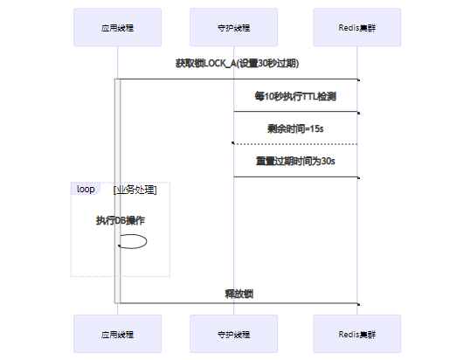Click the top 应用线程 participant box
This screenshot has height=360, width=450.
click(117, 27)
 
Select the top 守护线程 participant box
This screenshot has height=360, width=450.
click(233, 27)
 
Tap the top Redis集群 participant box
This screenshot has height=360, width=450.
click(357, 27)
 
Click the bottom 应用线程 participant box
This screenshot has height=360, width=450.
click(117, 334)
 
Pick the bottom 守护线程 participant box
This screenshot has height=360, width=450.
click(233, 334)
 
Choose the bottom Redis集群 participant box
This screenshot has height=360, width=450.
click(357, 334)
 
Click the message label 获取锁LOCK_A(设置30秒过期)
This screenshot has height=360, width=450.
click(237, 63)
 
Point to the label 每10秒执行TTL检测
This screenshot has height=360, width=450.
click(295, 96)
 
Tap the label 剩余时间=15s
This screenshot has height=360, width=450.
click(295, 128)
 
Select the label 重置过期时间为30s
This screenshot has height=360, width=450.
click(295, 161)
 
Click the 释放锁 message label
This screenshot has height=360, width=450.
click(239, 294)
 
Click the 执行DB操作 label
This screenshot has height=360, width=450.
click(121, 220)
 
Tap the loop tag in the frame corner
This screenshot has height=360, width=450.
click(86, 189)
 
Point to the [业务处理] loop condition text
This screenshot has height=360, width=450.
click(135, 190)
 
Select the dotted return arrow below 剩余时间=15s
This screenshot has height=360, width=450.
click(294, 144)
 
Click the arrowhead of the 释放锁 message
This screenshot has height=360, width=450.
click(358, 304)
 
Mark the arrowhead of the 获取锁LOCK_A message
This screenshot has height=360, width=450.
click(358, 80)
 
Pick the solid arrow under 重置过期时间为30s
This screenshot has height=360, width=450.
click(297, 177)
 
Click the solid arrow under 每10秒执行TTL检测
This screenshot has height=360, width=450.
click(297, 112)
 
